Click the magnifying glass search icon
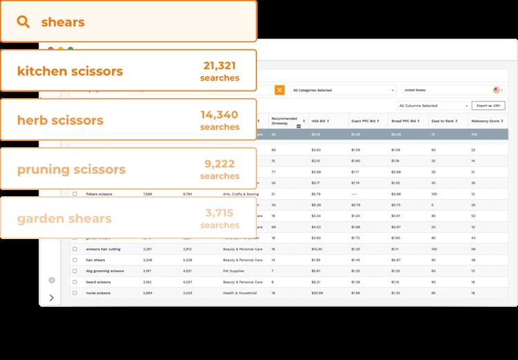[x=23, y=22]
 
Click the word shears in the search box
[x=63, y=22]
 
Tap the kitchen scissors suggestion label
[x=70, y=71]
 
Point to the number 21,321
[x=220, y=66]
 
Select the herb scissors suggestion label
[x=60, y=120]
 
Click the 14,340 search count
[x=220, y=115]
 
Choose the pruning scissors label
[x=71, y=169]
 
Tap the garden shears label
[x=64, y=219]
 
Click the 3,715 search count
[x=220, y=213]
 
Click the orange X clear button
[x=280, y=90]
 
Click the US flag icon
[x=496, y=90]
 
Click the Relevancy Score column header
[x=486, y=121]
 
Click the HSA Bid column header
[x=320, y=121]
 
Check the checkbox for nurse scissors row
[x=75, y=293]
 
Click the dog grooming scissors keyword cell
[x=105, y=271]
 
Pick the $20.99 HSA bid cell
[x=317, y=293]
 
